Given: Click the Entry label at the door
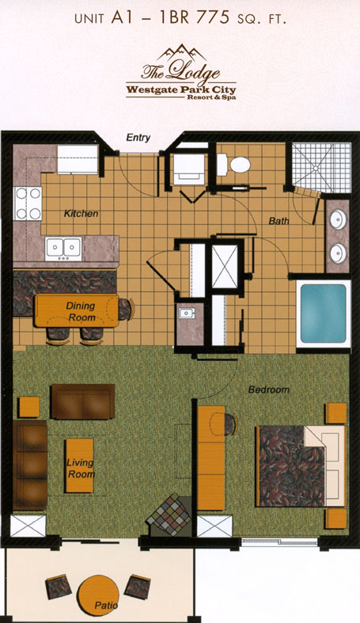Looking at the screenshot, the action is (138, 138).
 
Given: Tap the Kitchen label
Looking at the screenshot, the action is (81, 214).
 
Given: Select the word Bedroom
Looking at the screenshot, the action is (269, 389).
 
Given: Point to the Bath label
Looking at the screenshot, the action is (279, 221).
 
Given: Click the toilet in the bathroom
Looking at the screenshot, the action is (233, 165).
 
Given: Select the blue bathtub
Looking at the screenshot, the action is (324, 313).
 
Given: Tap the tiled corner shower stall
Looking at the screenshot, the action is (321, 168).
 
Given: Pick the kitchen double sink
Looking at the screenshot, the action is (63, 249).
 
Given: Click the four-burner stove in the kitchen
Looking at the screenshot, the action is (28, 203).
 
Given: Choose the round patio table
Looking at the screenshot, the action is (98, 595).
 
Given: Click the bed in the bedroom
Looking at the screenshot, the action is (301, 466).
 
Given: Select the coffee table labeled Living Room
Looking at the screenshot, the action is (80, 465).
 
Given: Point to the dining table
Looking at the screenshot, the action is (77, 310).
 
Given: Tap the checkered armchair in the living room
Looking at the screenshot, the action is (169, 515).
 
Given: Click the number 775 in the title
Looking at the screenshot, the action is (214, 18).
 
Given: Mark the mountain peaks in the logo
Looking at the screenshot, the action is (181, 53).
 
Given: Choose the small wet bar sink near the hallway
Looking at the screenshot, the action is (187, 313).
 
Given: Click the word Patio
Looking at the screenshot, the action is (106, 606).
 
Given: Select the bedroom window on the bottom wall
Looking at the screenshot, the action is (280, 542).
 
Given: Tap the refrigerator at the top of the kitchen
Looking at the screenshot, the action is (78, 159).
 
